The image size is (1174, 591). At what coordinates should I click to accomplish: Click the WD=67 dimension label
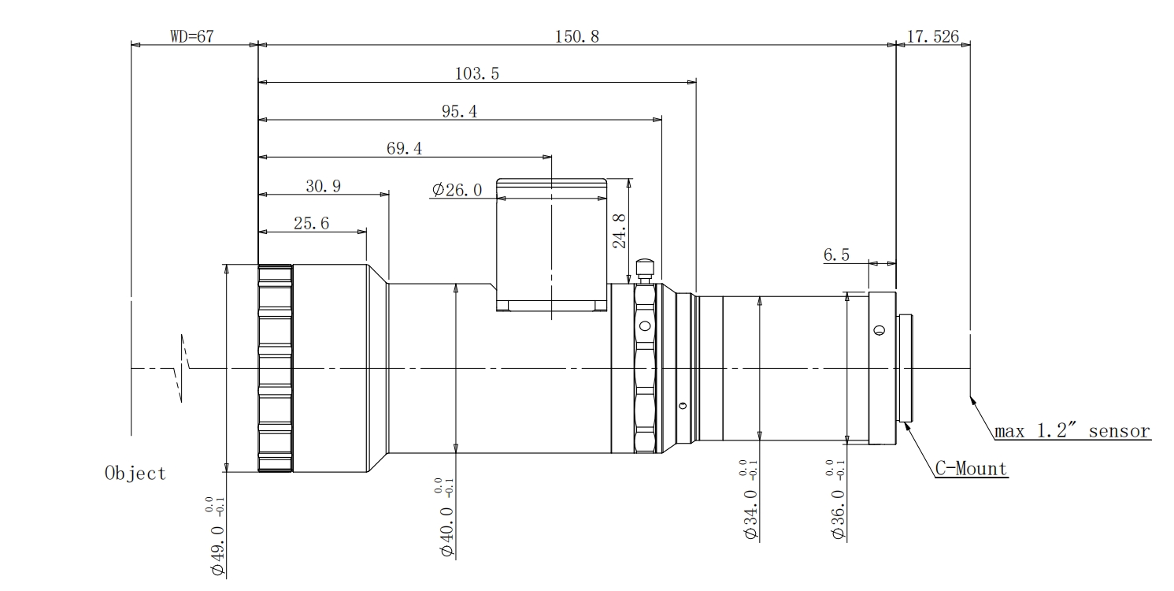click(x=192, y=36)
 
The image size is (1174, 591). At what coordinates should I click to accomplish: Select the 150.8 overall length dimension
click(x=577, y=36)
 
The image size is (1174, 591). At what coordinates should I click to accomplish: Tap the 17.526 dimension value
click(x=933, y=36)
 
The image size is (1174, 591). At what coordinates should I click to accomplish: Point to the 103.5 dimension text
click(x=477, y=73)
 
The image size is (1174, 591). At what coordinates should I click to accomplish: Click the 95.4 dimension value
click(x=460, y=111)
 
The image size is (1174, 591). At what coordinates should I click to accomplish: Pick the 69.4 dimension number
click(x=404, y=148)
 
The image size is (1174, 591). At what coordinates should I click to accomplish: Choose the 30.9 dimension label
click(x=324, y=186)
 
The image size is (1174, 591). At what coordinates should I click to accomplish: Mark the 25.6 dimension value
click(x=311, y=223)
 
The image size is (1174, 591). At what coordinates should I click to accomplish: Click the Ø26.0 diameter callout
click(x=457, y=189)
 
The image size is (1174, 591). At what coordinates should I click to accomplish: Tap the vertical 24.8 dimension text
click(x=620, y=231)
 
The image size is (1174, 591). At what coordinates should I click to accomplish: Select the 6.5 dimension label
click(x=836, y=255)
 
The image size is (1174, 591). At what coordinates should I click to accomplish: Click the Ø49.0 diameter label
click(x=217, y=537)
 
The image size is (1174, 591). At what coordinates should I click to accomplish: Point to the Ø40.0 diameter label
click(x=446, y=518)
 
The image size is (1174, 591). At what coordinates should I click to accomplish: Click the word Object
click(x=135, y=474)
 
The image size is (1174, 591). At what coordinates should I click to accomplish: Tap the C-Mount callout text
click(x=971, y=469)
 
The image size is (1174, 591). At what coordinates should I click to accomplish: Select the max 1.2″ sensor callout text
click(x=1072, y=430)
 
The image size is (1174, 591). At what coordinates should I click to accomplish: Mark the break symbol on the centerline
click(x=182, y=368)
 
